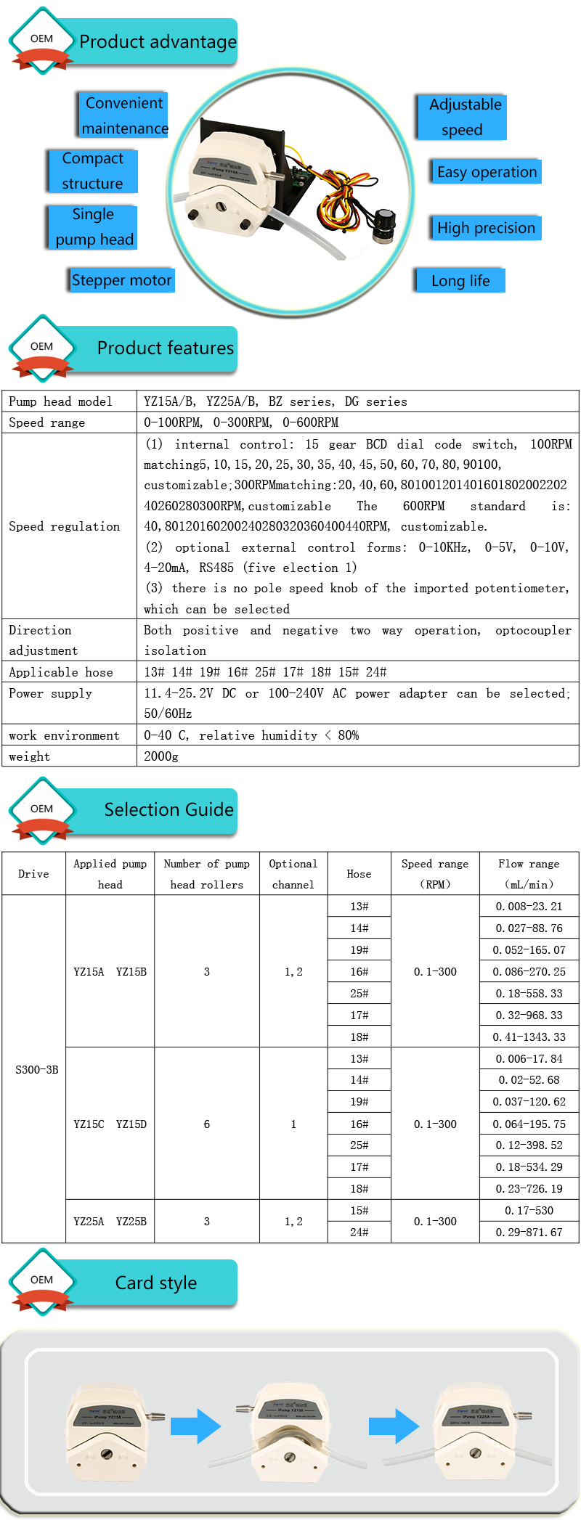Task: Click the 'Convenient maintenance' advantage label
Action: (124, 115)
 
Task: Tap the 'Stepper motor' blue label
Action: (122, 280)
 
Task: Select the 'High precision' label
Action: (486, 228)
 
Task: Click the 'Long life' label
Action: (460, 281)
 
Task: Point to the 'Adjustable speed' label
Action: (463, 117)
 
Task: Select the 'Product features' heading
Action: (166, 348)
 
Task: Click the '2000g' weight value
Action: (161, 756)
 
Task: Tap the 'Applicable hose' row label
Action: (61, 672)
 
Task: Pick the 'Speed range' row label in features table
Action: (47, 422)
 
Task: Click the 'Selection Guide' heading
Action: (168, 810)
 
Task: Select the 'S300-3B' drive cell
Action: (37, 1069)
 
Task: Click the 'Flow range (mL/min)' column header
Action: (529, 874)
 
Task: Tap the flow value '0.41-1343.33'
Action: (529, 1037)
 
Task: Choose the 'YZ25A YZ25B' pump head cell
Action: (110, 1221)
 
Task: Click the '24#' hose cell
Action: (359, 1232)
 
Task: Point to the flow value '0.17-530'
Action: (529, 1210)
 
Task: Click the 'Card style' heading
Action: (156, 1283)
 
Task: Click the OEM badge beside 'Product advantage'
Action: (42, 40)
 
